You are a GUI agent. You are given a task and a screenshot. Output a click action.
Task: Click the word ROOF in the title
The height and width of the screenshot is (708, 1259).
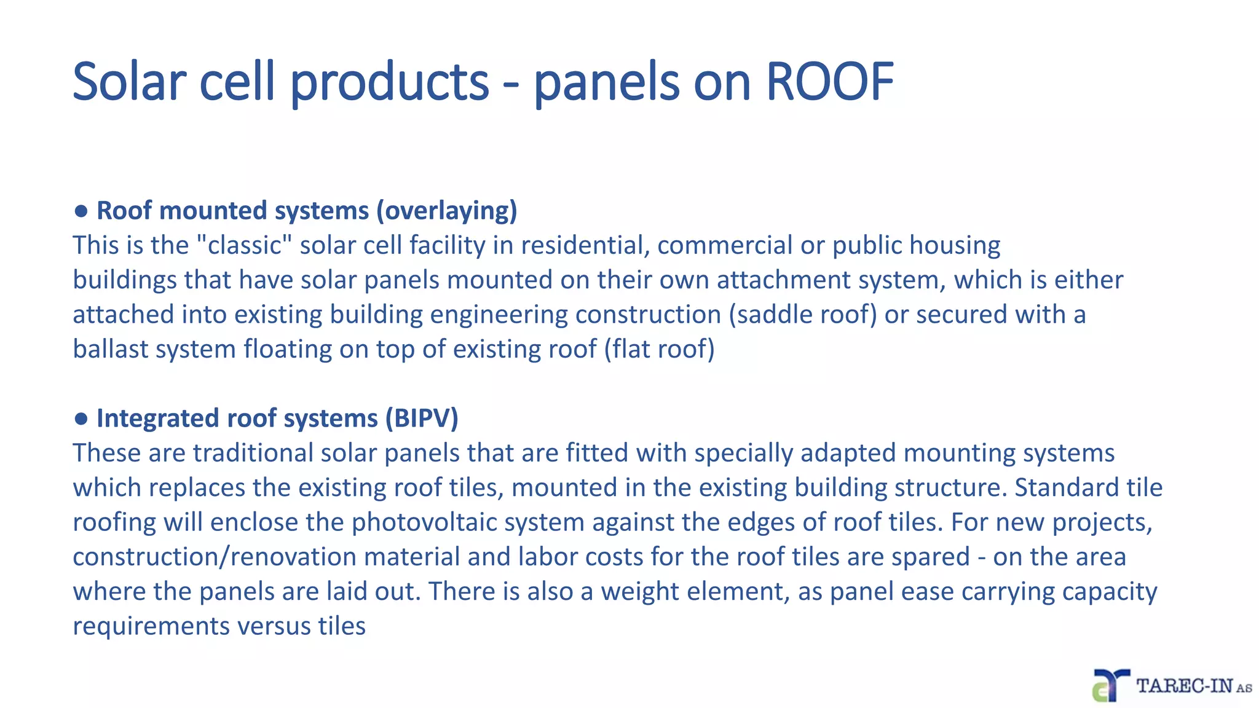829,82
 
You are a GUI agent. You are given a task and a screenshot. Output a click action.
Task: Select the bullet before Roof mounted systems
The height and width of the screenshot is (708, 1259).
81,211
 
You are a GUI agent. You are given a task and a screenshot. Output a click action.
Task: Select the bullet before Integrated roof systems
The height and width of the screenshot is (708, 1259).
81,419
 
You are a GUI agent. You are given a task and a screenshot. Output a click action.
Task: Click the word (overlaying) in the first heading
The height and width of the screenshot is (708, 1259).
447,211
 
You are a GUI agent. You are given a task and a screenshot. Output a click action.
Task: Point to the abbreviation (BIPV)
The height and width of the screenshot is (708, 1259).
422,419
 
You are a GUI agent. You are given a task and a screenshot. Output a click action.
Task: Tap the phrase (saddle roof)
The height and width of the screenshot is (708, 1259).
803,315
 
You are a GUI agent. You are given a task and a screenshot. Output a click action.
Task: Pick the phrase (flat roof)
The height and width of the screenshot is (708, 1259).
659,349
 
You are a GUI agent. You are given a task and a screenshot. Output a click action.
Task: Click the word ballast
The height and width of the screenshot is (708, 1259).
109,349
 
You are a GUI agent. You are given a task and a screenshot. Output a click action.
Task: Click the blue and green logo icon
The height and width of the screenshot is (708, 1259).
1110,686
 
